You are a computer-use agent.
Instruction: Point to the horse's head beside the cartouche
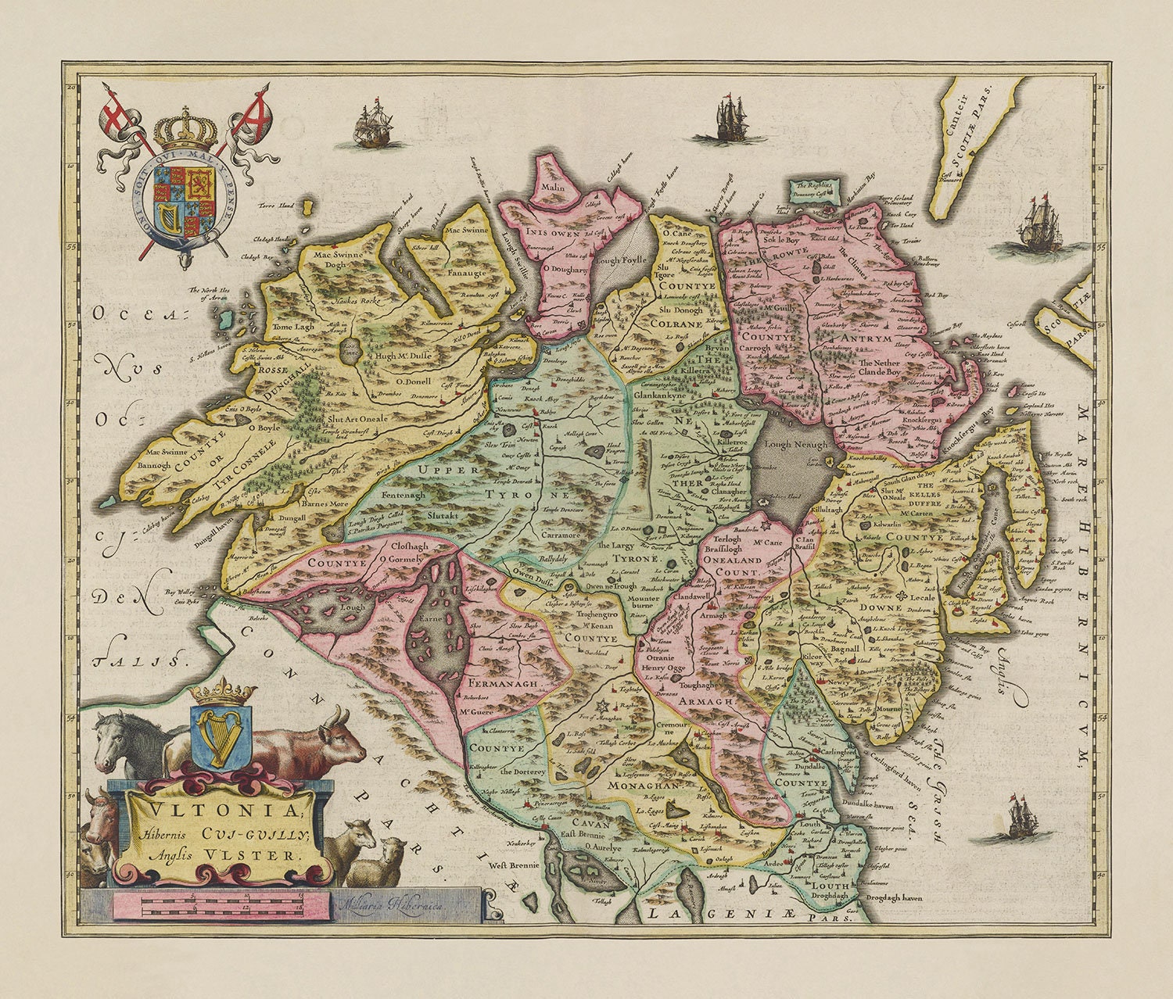tap(113, 739)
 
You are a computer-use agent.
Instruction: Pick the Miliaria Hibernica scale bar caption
tap(388, 903)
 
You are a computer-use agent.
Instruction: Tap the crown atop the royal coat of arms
tap(186, 131)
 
